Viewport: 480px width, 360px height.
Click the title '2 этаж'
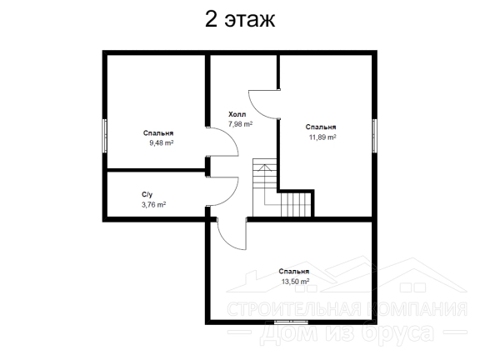[240, 19]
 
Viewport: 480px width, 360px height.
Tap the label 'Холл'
[237, 114]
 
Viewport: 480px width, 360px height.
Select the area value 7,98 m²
[240, 124]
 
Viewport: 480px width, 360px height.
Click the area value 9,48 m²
[162, 142]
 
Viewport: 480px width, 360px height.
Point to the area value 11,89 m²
[322, 137]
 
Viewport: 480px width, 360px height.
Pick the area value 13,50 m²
[295, 282]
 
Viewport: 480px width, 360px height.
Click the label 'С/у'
[147, 195]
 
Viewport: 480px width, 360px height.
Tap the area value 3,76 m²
[153, 204]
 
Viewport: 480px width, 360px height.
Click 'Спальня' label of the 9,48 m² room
[158, 133]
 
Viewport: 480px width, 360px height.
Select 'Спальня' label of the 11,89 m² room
[321, 127]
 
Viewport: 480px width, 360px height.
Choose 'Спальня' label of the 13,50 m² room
[294, 272]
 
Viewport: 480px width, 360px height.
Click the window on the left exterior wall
[104, 136]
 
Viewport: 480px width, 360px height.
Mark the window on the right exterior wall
[374, 136]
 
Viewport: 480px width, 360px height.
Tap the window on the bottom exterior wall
[291, 322]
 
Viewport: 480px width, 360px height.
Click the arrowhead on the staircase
[265, 167]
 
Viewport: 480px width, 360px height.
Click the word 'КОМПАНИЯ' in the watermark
[419, 309]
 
